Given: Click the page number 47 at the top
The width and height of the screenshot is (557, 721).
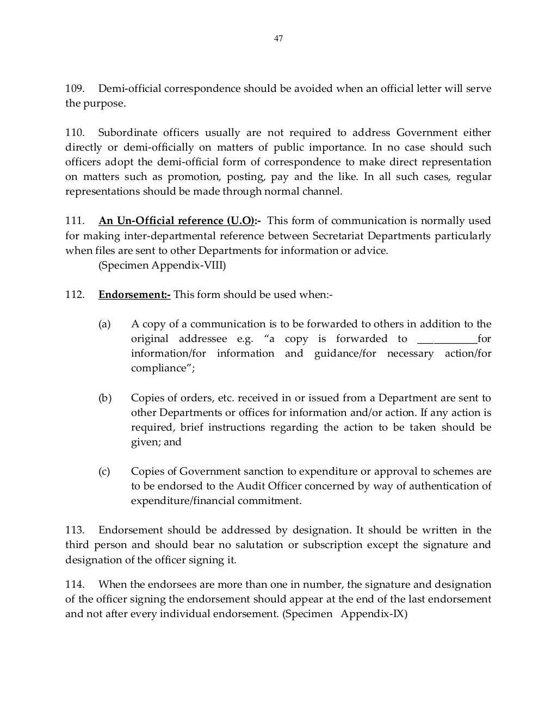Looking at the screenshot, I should point(278,39).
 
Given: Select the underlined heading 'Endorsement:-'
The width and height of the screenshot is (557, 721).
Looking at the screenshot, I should point(134,295).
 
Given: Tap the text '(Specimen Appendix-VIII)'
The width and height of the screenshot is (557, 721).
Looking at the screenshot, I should point(162,265).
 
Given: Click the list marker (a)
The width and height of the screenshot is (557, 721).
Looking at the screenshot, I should point(104,324).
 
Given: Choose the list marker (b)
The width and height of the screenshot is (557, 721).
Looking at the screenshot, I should point(104,398).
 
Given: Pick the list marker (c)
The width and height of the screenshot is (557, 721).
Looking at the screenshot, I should point(104,471).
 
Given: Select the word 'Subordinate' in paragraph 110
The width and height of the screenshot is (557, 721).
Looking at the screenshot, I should point(128,133).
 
